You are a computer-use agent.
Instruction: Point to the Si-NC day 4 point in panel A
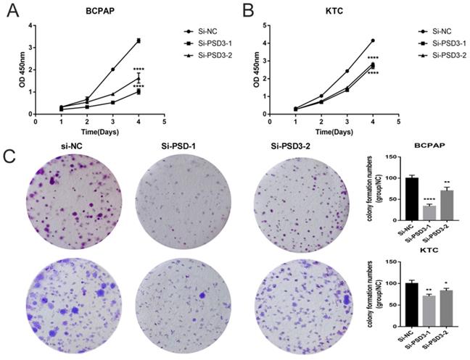tap(138, 41)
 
